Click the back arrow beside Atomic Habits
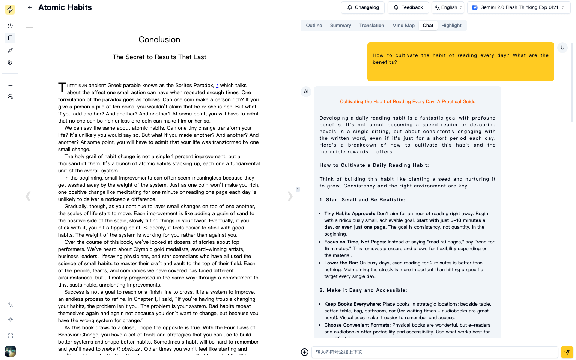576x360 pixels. click(30, 7)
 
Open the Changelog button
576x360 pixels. click(363, 7)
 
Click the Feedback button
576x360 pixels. click(408, 7)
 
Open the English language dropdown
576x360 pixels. click(448, 7)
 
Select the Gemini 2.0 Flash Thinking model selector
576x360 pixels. click(519, 7)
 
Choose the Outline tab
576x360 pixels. click(314, 25)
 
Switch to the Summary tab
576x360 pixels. click(340, 25)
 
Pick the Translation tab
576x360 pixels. click(371, 25)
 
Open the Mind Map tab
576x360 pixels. click(403, 25)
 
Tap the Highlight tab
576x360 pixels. click(451, 25)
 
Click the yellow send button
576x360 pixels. click(567, 352)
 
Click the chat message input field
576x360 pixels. click(435, 352)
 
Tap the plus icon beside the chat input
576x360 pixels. click(305, 352)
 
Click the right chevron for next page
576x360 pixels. click(290, 196)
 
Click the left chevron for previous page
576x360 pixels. click(28, 196)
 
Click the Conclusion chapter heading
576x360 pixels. click(159, 40)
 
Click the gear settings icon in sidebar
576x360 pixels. click(11, 62)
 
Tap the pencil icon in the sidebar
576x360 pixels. click(11, 50)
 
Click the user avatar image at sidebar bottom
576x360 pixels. click(11, 351)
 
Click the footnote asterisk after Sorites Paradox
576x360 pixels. click(217, 85)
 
